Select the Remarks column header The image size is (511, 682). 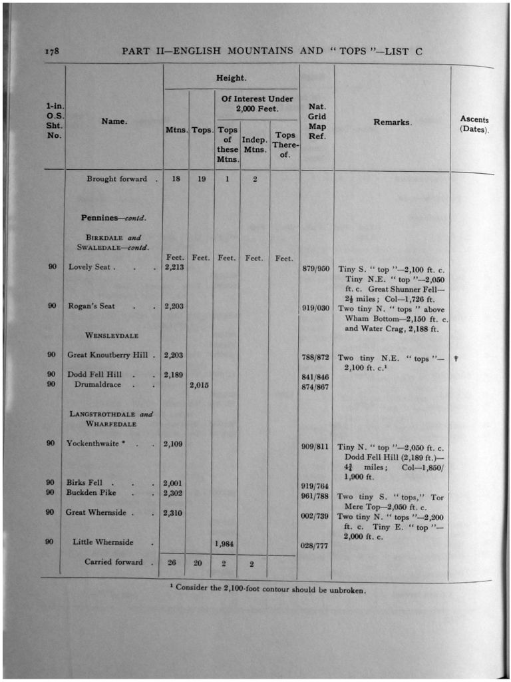[x=392, y=123]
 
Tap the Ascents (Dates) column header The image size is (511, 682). [x=474, y=125]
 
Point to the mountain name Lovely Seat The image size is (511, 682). [x=92, y=267]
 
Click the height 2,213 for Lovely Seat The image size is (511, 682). [x=174, y=268]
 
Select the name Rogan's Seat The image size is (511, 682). [x=91, y=306]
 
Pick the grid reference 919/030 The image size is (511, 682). [x=316, y=308]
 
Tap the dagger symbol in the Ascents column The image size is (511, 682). [x=456, y=358]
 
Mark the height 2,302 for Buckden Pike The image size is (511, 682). [x=173, y=493]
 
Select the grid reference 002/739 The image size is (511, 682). [x=315, y=516]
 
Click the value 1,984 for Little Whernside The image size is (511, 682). [x=225, y=543]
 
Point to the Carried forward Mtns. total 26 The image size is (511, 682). [x=172, y=563]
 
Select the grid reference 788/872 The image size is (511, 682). [x=316, y=358]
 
